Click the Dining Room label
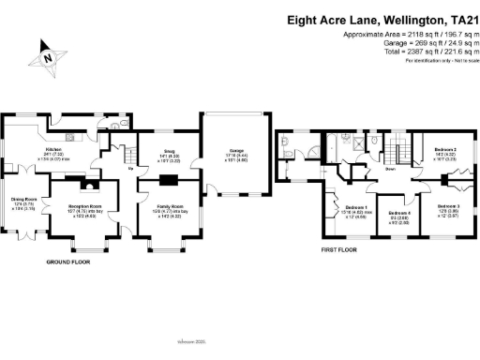pyautogui.click(x=24, y=200)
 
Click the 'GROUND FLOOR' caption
pyautogui.click(x=68, y=263)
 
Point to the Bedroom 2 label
pyautogui.click(x=444, y=150)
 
